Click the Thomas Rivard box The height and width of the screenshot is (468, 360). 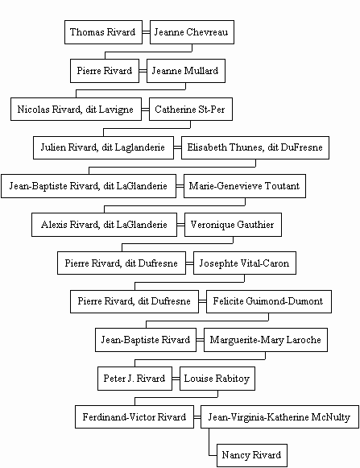point(103,32)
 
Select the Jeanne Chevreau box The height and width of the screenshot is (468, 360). point(192,32)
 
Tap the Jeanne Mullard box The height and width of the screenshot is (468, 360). point(186,71)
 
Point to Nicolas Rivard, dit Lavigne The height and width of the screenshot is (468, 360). point(77,110)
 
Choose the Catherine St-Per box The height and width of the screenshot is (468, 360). point(191,110)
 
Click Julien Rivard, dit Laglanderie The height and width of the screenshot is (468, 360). point(103,147)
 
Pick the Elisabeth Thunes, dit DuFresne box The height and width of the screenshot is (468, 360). point(255,147)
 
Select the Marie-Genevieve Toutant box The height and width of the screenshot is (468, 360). point(245,186)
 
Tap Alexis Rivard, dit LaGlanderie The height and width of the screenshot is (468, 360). point(104,225)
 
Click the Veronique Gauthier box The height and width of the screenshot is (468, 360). point(233,225)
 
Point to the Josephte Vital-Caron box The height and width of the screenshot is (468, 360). point(245,263)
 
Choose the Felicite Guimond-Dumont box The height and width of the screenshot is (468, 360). point(269,301)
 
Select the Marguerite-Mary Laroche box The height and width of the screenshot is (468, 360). point(266,340)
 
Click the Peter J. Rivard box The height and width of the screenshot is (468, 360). point(135,379)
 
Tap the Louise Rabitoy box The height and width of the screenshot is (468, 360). point(217,379)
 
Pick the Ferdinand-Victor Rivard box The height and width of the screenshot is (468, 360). point(134,417)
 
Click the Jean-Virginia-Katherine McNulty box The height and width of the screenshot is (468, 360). point(279,417)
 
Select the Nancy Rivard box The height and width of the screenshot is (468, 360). point(252,455)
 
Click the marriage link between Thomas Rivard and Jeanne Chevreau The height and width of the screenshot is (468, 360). point(146,32)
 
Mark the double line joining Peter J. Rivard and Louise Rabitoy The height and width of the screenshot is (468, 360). point(176,379)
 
